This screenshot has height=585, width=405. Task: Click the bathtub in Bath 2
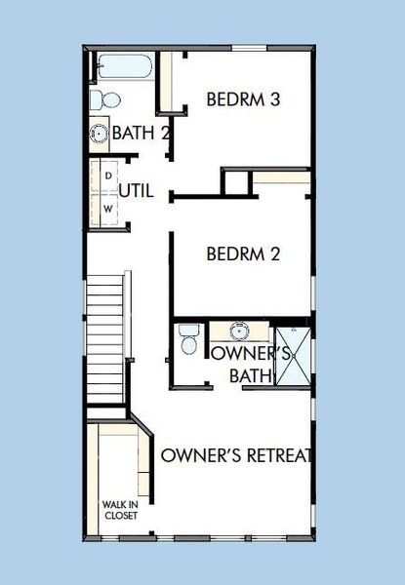123,68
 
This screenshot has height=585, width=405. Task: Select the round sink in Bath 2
100,134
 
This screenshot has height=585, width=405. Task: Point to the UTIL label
136,191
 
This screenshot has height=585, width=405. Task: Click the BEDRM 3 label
244,99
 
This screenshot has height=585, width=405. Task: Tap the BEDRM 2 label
244,254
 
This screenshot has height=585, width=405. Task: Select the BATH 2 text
142,133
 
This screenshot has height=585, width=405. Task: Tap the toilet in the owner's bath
189,342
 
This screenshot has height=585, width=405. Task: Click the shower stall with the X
294,360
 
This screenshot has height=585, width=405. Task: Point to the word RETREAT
275,455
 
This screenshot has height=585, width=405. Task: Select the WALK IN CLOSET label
119,510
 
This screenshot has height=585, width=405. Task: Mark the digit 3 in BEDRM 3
276,99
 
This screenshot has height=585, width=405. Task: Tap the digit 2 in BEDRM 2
276,254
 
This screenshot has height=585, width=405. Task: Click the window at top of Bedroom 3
249,47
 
